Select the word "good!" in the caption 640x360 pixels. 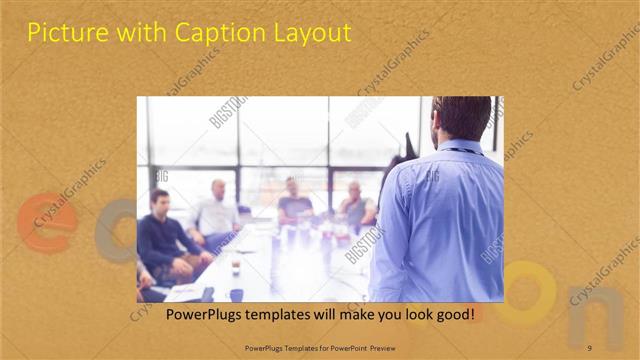(452, 315)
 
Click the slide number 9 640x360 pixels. (589, 348)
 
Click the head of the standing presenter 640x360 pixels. (462, 118)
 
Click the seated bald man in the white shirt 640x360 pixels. (216, 210)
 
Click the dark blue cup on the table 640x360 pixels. (236, 294)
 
